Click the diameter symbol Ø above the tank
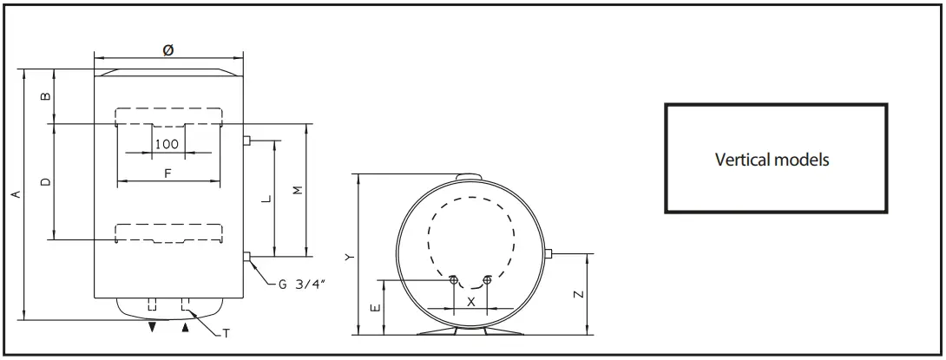168,51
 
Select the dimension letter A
15,196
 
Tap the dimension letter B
46,96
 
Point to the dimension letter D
46,181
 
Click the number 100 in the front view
167,144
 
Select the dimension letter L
266,199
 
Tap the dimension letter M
298,190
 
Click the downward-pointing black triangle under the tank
153,328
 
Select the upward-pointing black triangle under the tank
184,328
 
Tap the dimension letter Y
348,257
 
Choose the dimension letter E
373,308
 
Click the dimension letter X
470,301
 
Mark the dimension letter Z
579,294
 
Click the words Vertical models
772,160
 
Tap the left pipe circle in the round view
454,279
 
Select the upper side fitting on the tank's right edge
247,141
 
